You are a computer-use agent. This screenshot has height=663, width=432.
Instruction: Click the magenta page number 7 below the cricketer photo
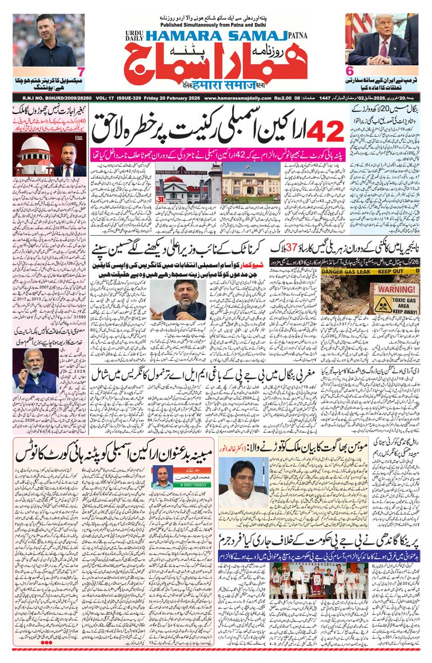click(x=80, y=72)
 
